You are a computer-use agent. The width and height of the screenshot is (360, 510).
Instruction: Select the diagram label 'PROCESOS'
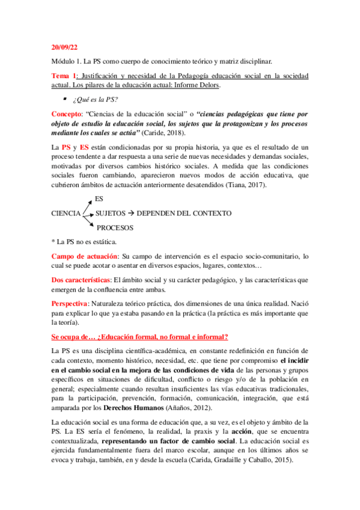(x=116, y=227)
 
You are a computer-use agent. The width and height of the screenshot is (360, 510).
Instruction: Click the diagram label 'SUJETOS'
(x=111, y=214)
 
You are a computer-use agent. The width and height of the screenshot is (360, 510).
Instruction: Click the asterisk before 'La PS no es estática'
(x=53, y=242)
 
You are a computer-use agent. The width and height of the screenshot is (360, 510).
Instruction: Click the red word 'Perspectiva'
(x=70, y=303)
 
